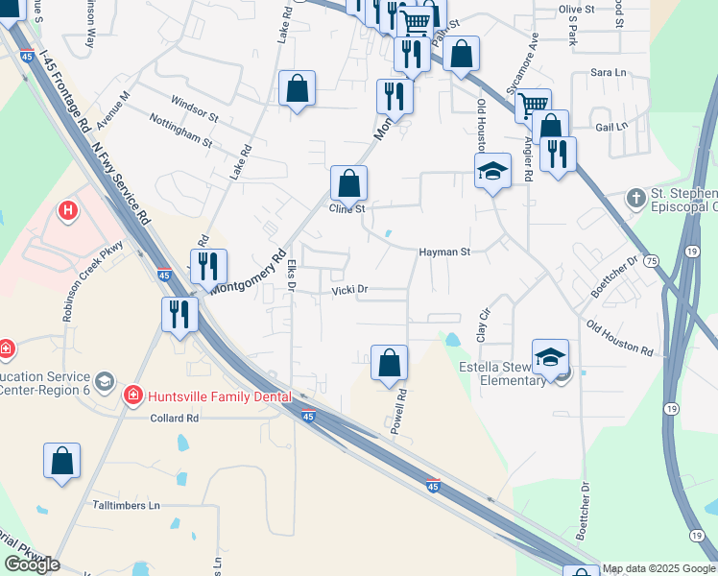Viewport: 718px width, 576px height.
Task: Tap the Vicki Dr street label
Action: pyautogui.click(x=350, y=290)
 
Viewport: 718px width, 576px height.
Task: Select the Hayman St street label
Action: pyautogui.click(x=443, y=252)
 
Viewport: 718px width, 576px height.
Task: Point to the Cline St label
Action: pyautogui.click(x=347, y=208)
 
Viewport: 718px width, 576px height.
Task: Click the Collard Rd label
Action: pyautogui.click(x=174, y=419)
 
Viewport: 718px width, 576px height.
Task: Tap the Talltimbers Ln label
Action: pyautogui.click(x=126, y=505)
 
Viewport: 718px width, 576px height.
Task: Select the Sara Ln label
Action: pyautogui.click(x=608, y=72)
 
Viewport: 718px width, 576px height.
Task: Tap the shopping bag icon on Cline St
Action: pyautogui.click(x=349, y=181)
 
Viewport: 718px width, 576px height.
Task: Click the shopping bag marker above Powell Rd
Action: pyautogui.click(x=389, y=363)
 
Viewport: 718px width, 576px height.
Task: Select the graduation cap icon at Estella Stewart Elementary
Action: pyautogui.click(x=550, y=357)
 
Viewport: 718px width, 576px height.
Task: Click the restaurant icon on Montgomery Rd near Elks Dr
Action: pyautogui.click(x=208, y=265)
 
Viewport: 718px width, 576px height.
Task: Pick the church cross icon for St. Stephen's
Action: pyautogui.click(x=634, y=198)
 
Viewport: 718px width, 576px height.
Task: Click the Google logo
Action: pyautogui.click(x=32, y=564)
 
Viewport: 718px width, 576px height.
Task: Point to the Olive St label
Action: pyautogui.click(x=577, y=9)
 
